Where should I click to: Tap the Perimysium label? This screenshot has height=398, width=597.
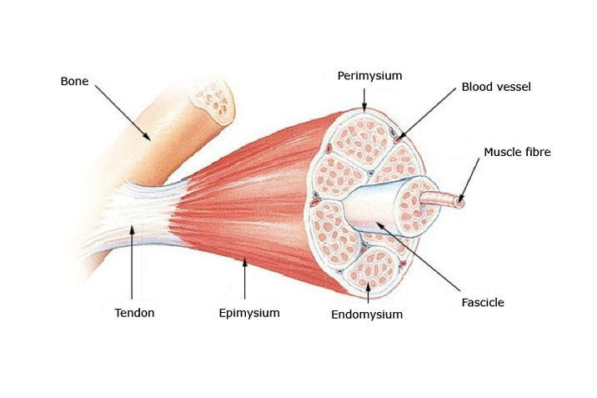tap(369, 76)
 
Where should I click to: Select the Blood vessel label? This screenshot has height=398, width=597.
tap(496, 87)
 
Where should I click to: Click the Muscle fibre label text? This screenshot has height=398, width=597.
tap(517, 152)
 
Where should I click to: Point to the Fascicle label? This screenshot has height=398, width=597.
tap(483, 301)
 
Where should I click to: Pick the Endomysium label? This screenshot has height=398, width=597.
tap(367, 315)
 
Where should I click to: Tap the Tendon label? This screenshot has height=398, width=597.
tap(134, 313)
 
